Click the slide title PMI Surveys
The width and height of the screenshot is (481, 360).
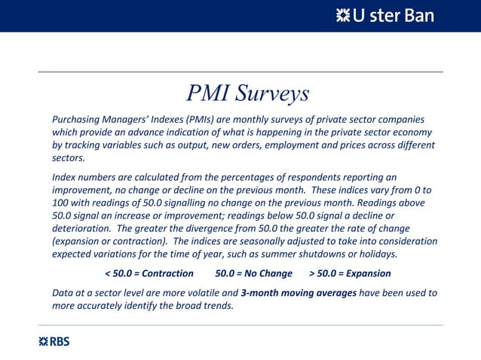pyautogui.click(x=247, y=93)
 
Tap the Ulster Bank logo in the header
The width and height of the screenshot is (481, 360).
pyautogui.click(x=384, y=16)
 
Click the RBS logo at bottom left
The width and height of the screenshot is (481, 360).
pyautogui.click(x=54, y=341)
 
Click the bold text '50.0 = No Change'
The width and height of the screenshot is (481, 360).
pyautogui.click(x=253, y=273)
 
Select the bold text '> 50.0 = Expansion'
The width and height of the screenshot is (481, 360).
pyautogui.click(x=350, y=273)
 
